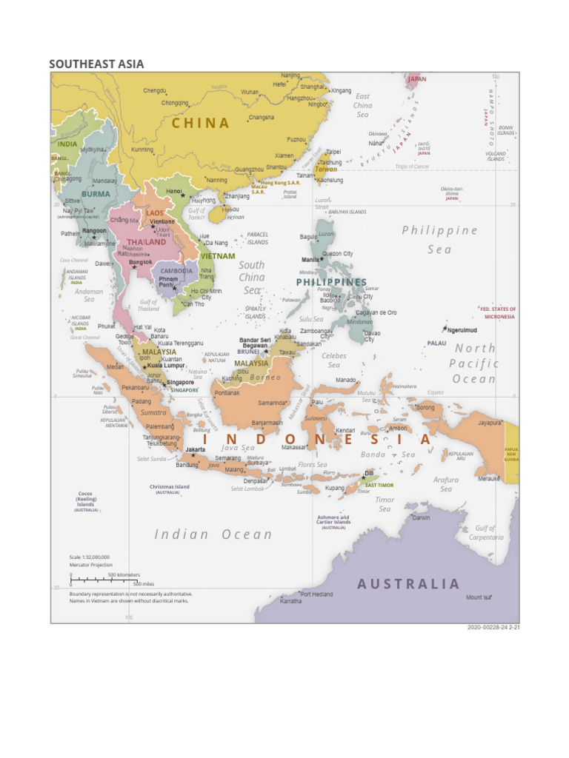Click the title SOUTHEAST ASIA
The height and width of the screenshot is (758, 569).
tap(96, 64)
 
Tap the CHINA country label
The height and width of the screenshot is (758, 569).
tap(201, 124)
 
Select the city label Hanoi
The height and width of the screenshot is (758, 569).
tap(174, 191)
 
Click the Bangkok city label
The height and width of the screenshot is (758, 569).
tap(141, 262)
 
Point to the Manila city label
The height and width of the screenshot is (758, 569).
tap(311, 260)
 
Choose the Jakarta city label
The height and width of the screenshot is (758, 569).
tap(195, 449)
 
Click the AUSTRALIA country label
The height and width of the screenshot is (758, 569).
tap(408, 584)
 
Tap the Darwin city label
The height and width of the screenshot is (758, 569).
tap(421, 517)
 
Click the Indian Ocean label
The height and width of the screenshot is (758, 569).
tap(213, 534)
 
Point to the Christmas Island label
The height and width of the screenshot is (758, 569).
tap(170, 487)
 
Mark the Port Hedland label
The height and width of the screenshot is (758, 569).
tap(316, 594)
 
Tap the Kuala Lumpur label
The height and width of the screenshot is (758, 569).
tap(165, 365)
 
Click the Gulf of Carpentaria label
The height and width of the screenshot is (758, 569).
tap(485, 533)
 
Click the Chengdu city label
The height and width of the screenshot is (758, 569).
tap(155, 91)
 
